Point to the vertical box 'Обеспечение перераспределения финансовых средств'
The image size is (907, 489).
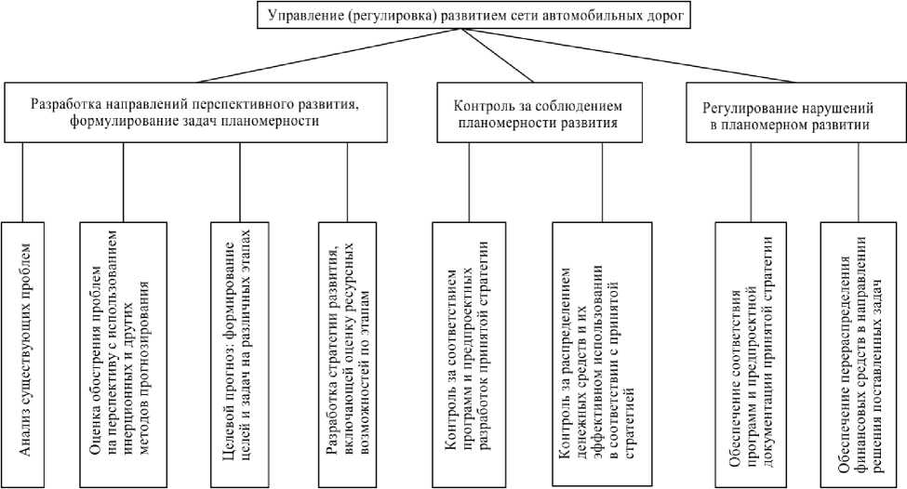(x=856, y=353)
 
